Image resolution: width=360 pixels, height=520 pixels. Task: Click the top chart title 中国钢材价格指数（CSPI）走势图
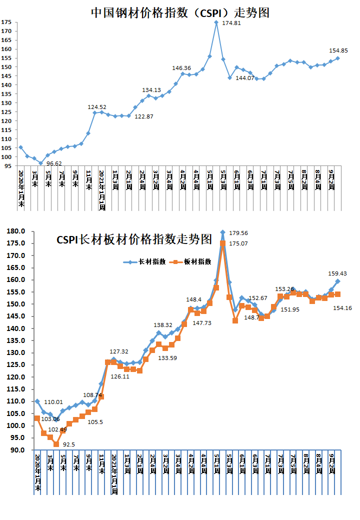click(180, 12)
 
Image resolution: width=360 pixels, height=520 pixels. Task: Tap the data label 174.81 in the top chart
click(231, 23)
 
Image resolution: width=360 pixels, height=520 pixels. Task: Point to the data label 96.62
click(57, 163)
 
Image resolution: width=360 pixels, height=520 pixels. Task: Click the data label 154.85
click(338, 50)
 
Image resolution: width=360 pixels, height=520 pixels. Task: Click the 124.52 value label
click(97, 106)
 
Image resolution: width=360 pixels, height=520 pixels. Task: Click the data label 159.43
click(337, 273)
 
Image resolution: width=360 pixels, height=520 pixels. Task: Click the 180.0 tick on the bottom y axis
click(16, 231)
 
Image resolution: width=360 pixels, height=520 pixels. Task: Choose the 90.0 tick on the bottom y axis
click(18, 450)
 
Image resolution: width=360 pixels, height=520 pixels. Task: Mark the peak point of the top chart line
click(216, 22)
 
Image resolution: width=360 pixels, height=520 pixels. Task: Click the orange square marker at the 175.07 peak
click(222, 243)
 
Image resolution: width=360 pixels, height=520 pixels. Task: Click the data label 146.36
click(181, 68)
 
